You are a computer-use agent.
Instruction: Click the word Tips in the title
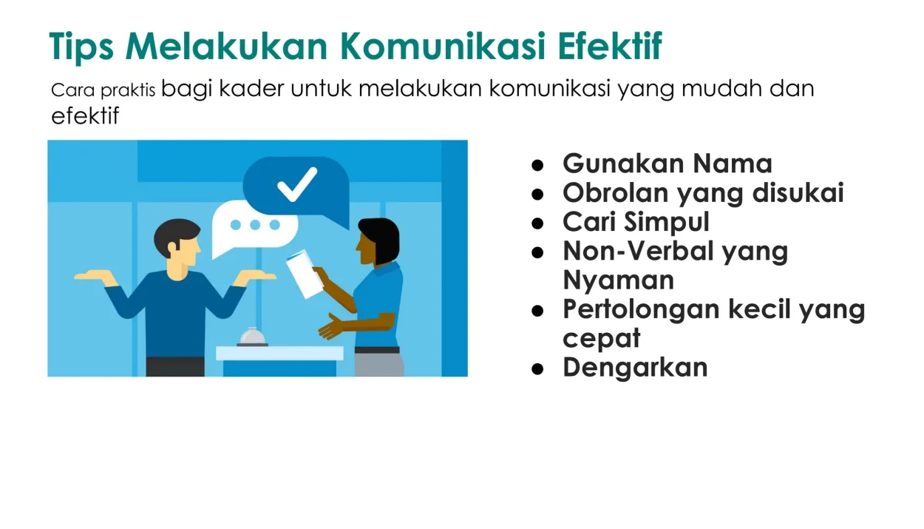tap(81, 47)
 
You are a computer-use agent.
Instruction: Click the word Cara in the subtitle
tap(73, 90)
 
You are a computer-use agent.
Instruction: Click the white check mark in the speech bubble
tap(297, 184)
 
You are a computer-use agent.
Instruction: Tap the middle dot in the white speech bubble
tap(255, 225)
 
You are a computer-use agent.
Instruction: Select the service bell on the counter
tap(252, 337)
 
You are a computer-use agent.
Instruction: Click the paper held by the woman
tap(305, 274)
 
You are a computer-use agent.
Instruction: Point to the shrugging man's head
tap(178, 243)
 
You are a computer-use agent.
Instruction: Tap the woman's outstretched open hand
tap(331, 326)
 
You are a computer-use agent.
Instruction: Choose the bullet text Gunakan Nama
tap(667, 163)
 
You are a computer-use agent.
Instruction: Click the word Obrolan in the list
tap(615, 192)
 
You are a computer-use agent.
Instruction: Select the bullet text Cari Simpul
tap(636, 221)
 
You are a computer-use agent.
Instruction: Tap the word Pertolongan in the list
tap(641, 310)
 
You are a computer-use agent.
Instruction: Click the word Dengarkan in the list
tap(635, 368)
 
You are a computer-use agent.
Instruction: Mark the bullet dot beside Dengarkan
tap(537, 368)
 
